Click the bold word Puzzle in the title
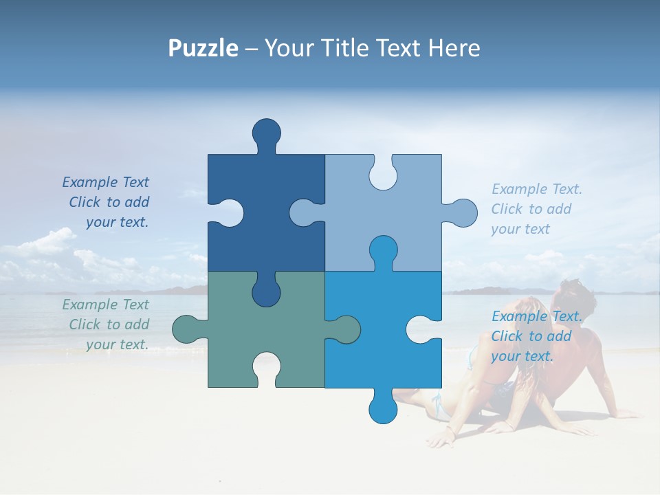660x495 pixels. pos(203,48)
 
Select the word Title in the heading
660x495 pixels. pos(348,48)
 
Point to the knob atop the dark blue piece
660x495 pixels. pos(266,132)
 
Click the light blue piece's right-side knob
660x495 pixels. pos(462,212)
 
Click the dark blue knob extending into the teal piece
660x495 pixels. pos(266,291)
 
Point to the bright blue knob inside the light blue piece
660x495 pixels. pos(383,250)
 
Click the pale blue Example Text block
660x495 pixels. pos(536,209)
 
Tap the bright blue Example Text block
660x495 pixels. pos(536,336)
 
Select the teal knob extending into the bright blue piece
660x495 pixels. pos(344,329)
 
